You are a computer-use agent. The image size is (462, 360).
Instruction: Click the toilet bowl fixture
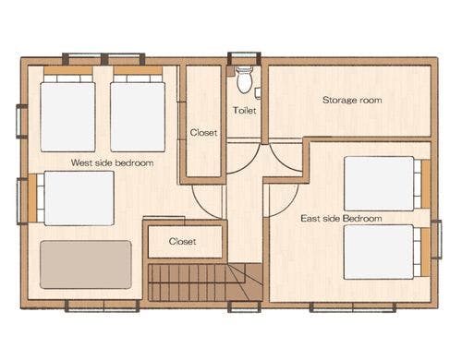pyautogui.click(x=245, y=80)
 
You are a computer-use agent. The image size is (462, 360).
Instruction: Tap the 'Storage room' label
pyautogui.click(x=352, y=100)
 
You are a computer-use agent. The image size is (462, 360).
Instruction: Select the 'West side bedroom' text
pyautogui.click(x=112, y=162)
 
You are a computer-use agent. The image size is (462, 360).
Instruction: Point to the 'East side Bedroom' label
pyautogui.click(x=341, y=219)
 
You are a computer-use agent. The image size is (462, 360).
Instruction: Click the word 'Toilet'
pyautogui.click(x=245, y=110)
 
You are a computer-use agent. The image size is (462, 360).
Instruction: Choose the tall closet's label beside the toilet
pyautogui.click(x=203, y=133)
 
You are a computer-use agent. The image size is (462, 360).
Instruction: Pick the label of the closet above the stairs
pyautogui.click(x=182, y=241)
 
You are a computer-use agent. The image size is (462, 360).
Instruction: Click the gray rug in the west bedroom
pyautogui.click(x=86, y=265)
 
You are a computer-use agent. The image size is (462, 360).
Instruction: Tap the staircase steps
pyautogui.click(x=205, y=282)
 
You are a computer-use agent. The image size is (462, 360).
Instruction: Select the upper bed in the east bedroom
pyautogui.click(x=386, y=184)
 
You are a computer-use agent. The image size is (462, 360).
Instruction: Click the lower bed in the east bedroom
pyautogui.click(x=386, y=252)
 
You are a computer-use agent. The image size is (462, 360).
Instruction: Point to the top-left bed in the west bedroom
pyautogui.click(x=67, y=109)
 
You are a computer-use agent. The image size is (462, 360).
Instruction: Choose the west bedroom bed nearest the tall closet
pyautogui.click(x=138, y=109)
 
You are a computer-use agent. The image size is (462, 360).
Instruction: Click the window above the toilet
pyautogui.click(x=244, y=58)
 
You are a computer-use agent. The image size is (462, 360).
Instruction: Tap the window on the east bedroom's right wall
pyautogui.click(x=436, y=239)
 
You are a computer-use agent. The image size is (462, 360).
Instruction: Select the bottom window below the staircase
pyautogui.click(x=244, y=306)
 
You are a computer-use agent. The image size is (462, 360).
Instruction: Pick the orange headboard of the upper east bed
pyautogui.click(x=426, y=184)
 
